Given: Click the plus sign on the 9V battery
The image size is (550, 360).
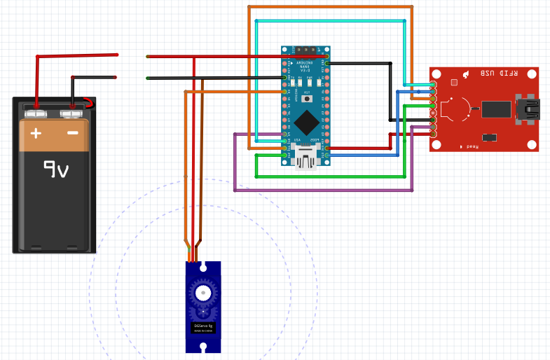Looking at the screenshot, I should click(x=36, y=133).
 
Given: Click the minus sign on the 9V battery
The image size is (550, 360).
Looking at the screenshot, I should click(x=72, y=133).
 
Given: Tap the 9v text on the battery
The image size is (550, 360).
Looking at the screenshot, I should click(x=55, y=169).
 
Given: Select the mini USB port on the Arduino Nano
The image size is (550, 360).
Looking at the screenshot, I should click(x=306, y=161).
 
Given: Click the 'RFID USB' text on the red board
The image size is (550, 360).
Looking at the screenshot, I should click(x=491, y=74).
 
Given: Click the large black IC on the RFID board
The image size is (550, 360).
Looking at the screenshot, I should click(x=497, y=109).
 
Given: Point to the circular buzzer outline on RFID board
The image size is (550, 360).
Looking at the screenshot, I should click(x=456, y=109).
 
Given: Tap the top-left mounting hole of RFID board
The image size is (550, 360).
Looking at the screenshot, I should click(x=437, y=74).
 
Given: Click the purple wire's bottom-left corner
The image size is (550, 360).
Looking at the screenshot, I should click(x=234, y=190).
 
